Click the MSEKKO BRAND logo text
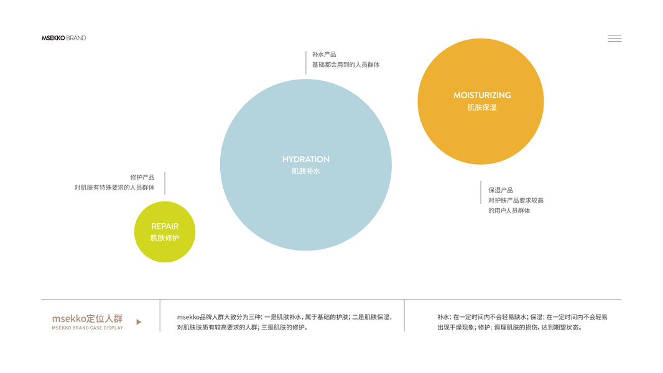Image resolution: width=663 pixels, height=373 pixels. (64, 38)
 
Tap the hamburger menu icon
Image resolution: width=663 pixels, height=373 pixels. (614, 39)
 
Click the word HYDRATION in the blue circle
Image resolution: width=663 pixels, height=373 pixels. (305, 160)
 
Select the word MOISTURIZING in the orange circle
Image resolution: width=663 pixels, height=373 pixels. (482, 95)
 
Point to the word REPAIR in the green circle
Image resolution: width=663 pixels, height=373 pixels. (165, 226)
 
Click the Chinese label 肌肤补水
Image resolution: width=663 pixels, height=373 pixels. (305, 171)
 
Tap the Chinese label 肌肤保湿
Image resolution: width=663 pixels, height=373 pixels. (482, 108)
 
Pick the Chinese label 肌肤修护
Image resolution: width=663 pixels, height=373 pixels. (165, 238)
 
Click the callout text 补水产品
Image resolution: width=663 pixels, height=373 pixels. (324, 55)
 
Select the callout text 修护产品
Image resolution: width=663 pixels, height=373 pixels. (142, 177)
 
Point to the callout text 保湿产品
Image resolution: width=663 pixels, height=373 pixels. (501, 190)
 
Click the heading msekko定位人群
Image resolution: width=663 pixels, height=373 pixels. (87, 318)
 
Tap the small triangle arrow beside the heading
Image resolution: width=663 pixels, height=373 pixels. (139, 322)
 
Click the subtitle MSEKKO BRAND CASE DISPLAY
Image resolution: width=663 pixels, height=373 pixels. (87, 328)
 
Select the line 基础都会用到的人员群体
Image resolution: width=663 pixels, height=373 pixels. (346, 65)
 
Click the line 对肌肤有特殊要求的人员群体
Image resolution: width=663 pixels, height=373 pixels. (114, 187)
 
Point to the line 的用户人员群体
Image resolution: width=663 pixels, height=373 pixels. (509, 211)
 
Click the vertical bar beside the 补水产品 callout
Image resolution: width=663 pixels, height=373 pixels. (306, 62)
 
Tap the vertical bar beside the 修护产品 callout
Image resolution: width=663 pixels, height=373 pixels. (165, 183)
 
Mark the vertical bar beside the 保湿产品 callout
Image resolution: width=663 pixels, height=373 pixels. (481, 192)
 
